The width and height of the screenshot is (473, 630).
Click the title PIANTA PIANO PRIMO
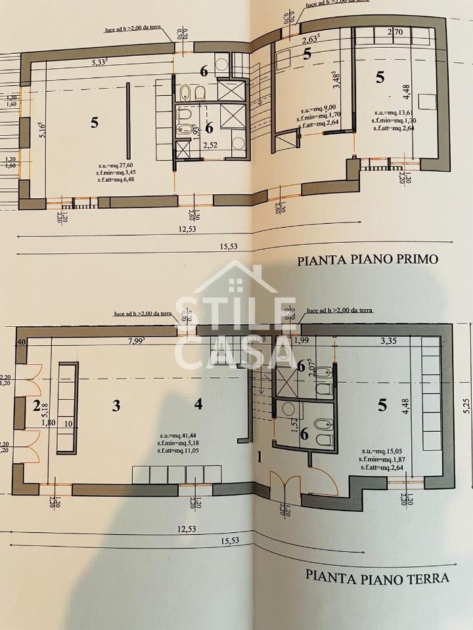point(367,259)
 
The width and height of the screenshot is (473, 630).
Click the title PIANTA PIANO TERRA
point(377,577)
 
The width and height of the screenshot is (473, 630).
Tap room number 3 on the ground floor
point(116,406)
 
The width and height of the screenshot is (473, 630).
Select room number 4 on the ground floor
point(198,404)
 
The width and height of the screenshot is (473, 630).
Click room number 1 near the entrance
point(259,457)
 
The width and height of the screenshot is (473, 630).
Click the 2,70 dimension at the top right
point(395,31)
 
